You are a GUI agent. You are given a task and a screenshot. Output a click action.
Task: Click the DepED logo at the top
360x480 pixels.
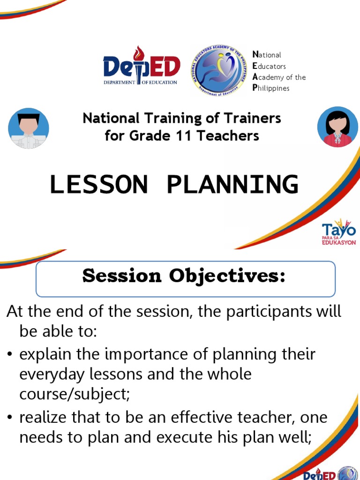(142, 68)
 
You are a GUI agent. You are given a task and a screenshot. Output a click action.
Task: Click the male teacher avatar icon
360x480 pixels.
(29, 128)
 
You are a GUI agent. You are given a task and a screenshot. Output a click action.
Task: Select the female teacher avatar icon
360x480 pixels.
(337, 127)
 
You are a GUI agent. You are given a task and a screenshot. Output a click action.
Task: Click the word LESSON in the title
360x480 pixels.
(98, 184)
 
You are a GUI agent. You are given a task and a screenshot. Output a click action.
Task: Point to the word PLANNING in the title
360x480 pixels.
(232, 184)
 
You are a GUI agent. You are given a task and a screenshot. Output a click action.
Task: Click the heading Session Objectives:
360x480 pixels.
(184, 277)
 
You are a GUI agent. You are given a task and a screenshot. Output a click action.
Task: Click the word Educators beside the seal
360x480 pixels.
(269, 66)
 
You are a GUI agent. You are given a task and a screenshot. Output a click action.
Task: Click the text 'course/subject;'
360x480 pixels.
(74, 394)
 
